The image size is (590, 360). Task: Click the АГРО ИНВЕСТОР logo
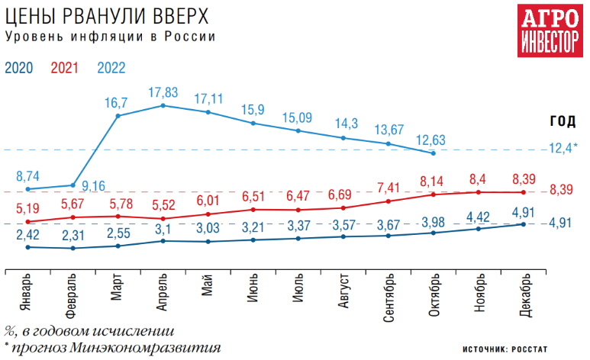pos(548,31)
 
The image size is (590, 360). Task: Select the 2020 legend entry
pos(18,67)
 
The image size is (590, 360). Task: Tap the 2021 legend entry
pos(64,67)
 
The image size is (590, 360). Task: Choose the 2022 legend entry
pos(111,67)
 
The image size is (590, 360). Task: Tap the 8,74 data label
pos(27,175)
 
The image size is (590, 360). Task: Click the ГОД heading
pos(563,121)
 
